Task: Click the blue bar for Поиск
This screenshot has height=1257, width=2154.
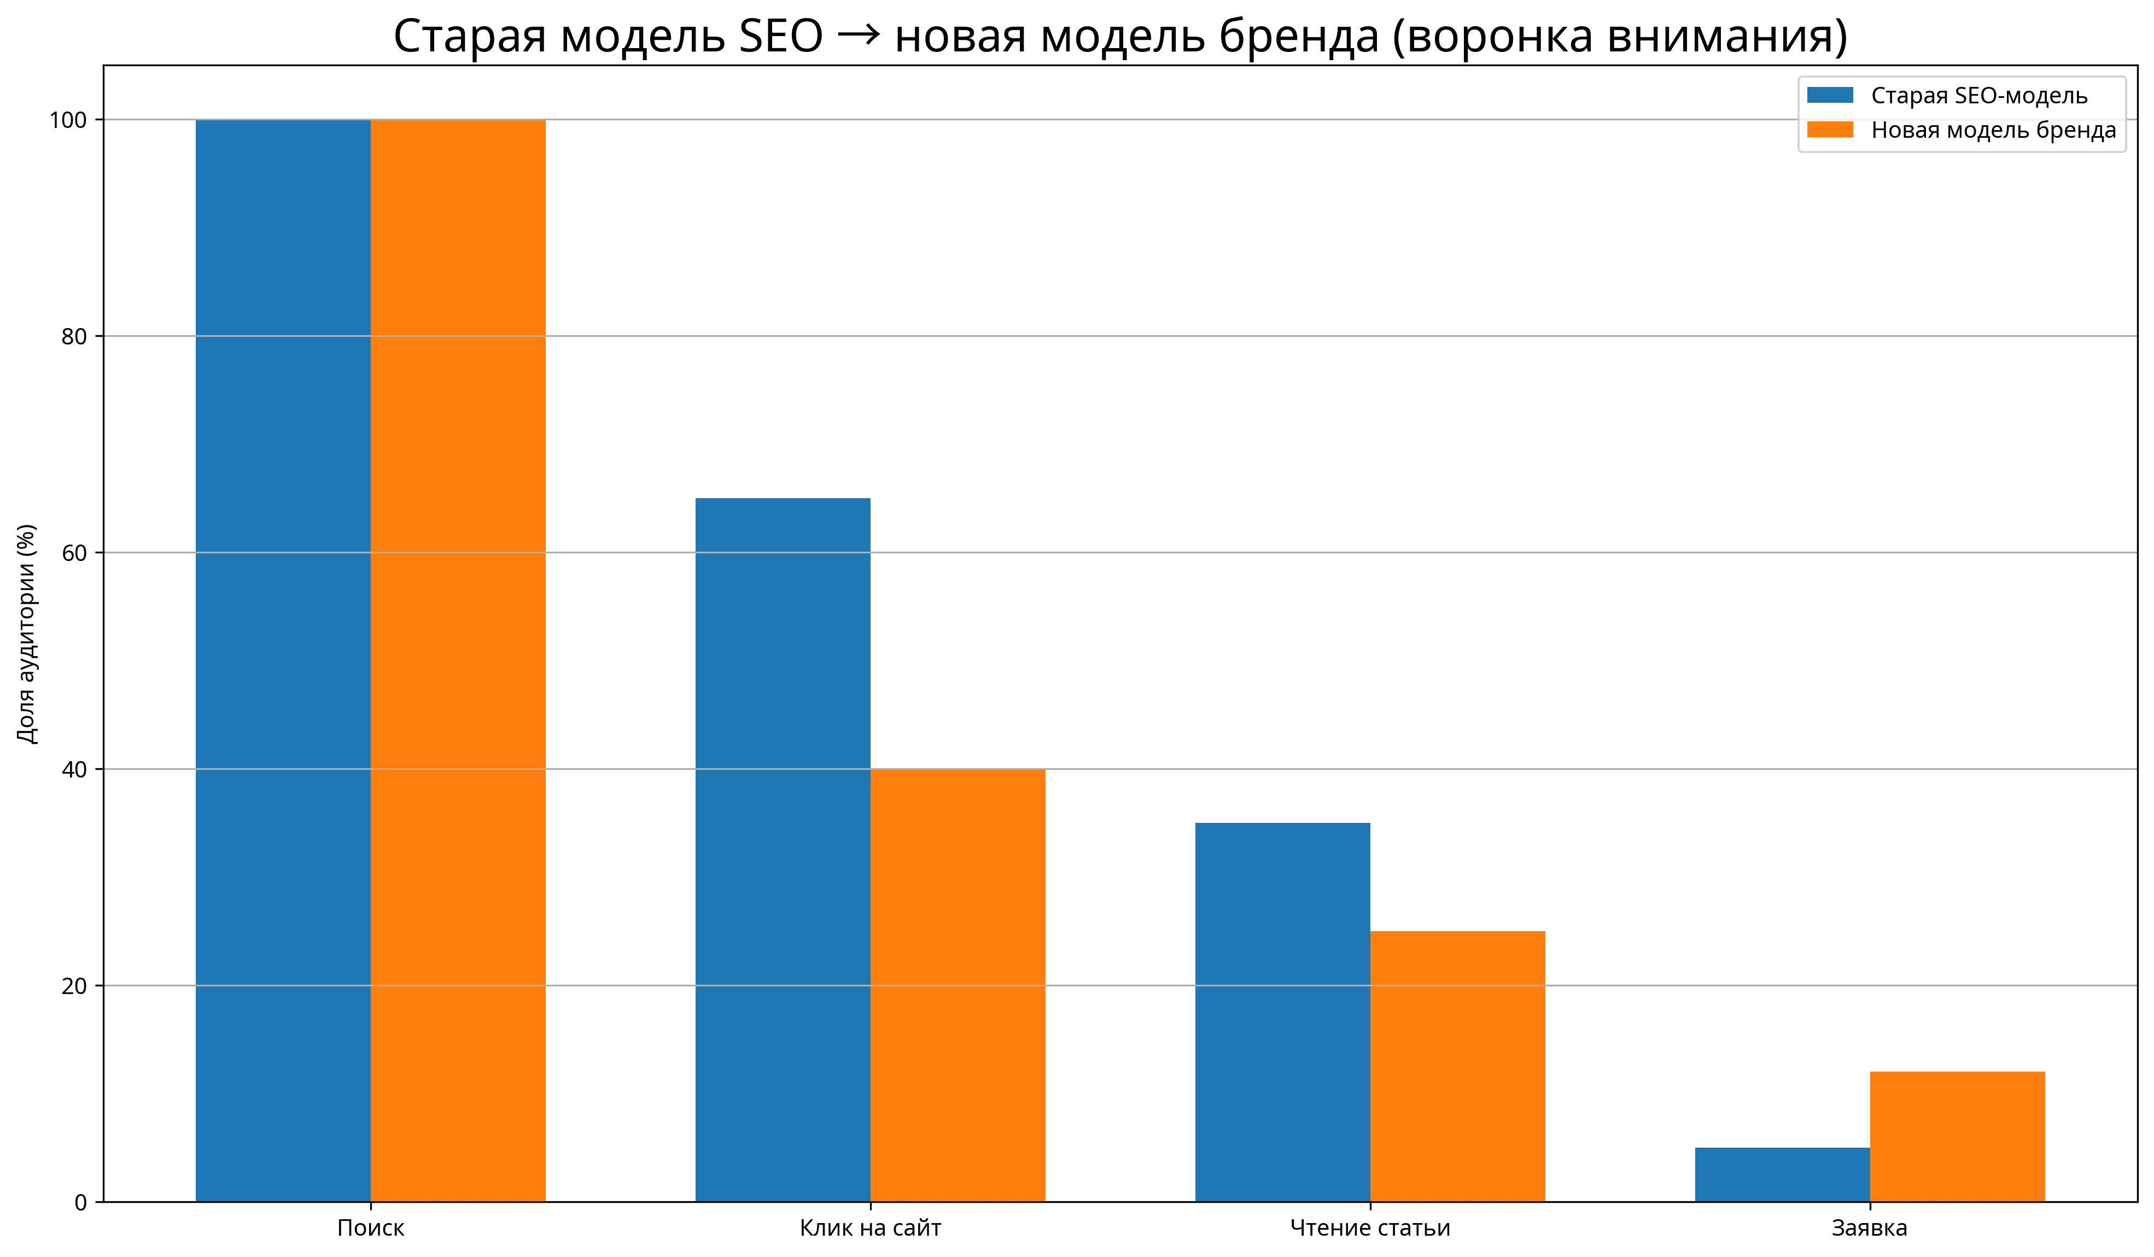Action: point(283,660)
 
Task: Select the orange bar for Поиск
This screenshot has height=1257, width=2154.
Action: point(458,660)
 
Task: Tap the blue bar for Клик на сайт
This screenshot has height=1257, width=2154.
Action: point(783,850)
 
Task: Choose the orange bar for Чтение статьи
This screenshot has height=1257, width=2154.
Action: point(1457,1066)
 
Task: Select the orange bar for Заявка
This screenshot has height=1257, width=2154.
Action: point(1957,1137)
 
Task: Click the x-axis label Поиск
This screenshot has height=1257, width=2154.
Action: point(370,1229)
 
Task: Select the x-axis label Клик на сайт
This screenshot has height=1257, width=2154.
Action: point(870,1229)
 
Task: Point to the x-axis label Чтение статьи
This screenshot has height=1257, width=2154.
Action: point(1369,1229)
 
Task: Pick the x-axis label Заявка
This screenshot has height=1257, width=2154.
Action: point(1869,1229)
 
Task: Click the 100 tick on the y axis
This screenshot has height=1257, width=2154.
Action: point(68,120)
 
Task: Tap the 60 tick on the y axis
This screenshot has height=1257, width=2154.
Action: point(74,553)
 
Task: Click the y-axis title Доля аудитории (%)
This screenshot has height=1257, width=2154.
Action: point(27,634)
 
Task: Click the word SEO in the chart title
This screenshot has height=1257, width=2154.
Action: point(780,37)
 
